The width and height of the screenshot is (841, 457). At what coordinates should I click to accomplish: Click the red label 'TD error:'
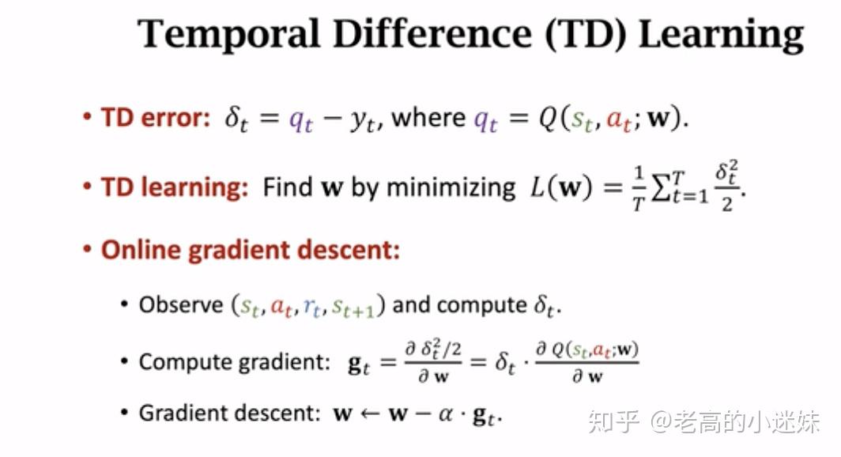coord(155,119)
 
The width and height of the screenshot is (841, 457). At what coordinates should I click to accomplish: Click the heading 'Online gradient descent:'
coord(250,251)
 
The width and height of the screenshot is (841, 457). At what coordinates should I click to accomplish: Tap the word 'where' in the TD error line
coord(428,119)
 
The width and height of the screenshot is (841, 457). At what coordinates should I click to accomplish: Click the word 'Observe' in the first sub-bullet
coord(181,305)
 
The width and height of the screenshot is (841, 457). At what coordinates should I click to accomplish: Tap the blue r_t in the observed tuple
coord(315,306)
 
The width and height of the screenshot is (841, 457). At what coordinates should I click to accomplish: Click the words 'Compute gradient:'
coord(234,362)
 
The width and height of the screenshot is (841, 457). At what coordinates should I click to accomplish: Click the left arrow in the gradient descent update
coord(369,414)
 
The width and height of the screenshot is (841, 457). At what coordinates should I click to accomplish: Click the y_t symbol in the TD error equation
coord(363,120)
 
